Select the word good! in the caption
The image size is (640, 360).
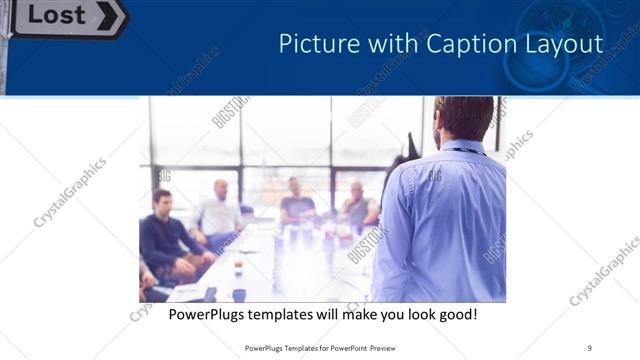click(455, 315)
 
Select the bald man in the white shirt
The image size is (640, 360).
click(219, 210)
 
